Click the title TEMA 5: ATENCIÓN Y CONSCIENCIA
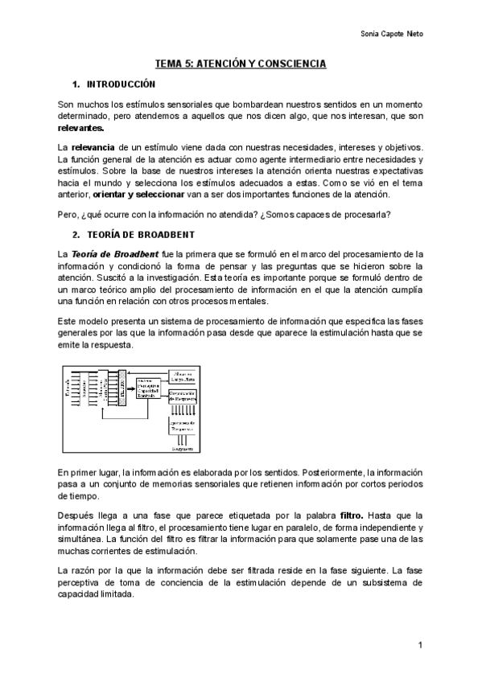[x=240, y=62]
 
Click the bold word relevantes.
[x=80, y=128]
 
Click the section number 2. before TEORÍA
[x=76, y=235]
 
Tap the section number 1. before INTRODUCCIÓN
[x=76, y=84]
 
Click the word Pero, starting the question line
[x=68, y=214]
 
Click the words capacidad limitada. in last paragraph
[x=97, y=596]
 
